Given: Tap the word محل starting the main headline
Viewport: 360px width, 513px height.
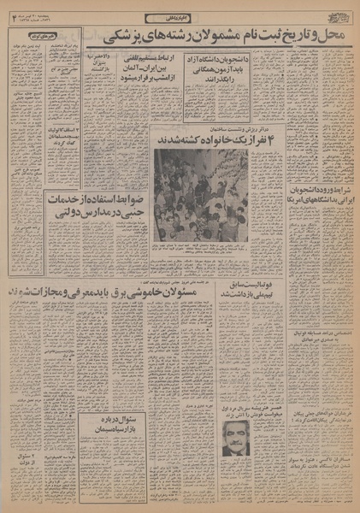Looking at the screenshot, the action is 339,39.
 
